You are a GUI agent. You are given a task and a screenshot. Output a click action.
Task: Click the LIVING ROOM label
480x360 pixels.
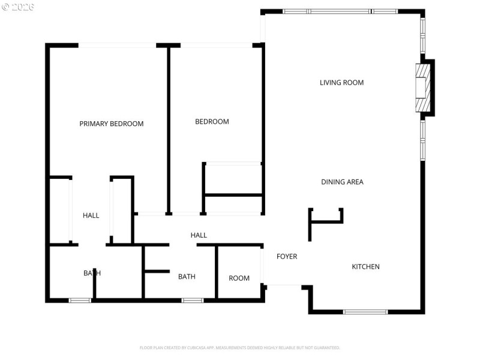[x=341, y=83]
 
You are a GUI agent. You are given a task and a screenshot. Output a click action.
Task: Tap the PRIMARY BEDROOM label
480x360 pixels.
[x=112, y=124]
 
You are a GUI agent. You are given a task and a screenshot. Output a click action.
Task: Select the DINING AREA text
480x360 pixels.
[x=342, y=182]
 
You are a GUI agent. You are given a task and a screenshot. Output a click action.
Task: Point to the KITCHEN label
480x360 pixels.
[x=365, y=266]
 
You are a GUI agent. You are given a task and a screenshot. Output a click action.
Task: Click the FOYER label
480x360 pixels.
[x=287, y=257]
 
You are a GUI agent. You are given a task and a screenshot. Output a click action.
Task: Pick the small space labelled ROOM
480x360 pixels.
[x=239, y=278]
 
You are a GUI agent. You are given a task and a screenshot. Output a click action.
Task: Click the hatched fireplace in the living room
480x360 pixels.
[x=424, y=87]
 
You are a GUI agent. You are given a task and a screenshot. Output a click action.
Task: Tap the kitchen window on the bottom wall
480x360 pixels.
[x=365, y=312]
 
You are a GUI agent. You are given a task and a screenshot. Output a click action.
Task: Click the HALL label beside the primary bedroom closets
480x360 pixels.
[x=91, y=215]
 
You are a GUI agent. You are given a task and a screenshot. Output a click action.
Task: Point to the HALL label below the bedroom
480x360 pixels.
[x=199, y=235]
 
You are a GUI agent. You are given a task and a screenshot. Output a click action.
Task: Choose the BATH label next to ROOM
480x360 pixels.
[x=187, y=277]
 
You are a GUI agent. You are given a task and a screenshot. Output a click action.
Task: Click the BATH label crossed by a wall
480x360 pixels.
[x=92, y=273]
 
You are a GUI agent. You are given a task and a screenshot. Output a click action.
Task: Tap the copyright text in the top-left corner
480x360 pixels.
[x=18, y=7]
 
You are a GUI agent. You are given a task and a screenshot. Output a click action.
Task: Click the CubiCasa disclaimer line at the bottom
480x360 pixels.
[x=240, y=347]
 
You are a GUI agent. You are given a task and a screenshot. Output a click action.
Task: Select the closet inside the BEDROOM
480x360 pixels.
[x=233, y=179]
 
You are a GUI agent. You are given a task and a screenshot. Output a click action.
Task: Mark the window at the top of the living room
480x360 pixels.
[x=340, y=11]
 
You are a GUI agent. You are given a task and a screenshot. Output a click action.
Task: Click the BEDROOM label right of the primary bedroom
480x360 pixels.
[x=212, y=122]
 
